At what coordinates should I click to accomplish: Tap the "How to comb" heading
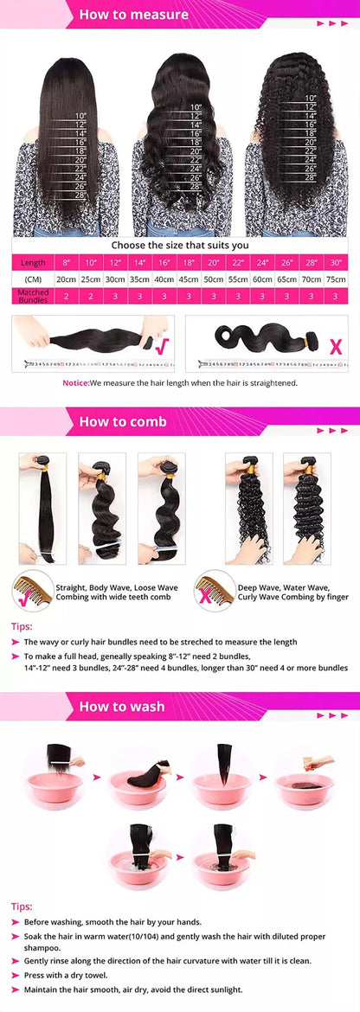[x=123, y=422]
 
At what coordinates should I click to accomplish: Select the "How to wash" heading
[x=122, y=707]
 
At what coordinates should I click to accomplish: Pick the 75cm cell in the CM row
[x=336, y=279]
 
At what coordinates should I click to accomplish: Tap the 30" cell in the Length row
[x=336, y=262]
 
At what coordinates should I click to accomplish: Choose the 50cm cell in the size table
[x=214, y=279]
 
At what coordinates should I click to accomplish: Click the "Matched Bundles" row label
[x=33, y=296]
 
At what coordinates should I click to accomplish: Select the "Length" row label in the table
[x=33, y=262]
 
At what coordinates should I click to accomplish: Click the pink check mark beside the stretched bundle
[x=159, y=346]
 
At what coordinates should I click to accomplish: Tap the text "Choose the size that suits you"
[x=179, y=245]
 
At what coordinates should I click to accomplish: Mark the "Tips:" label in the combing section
[x=22, y=626]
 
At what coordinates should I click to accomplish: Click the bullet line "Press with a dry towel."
[x=66, y=975]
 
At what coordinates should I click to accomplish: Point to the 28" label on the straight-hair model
[x=80, y=196]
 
